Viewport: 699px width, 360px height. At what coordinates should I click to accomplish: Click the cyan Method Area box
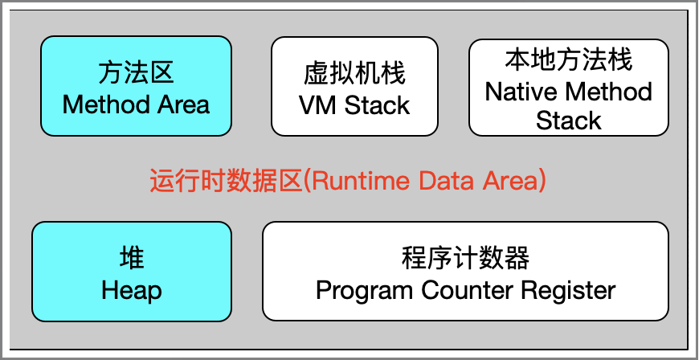[136, 86]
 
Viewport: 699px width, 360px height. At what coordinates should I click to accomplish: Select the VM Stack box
[354, 86]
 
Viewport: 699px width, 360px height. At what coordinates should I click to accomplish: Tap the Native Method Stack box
[568, 88]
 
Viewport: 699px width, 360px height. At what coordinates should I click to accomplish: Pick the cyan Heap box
[132, 272]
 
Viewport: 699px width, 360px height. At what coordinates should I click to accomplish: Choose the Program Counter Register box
[465, 272]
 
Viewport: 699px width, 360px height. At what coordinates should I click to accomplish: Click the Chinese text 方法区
[136, 73]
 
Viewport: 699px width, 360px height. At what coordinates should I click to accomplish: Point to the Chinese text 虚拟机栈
[354, 74]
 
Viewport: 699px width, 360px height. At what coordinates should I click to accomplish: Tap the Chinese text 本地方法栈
[568, 60]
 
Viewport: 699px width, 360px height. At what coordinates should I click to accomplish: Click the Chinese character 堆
[132, 259]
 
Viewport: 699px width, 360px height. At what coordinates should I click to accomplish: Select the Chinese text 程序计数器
[465, 259]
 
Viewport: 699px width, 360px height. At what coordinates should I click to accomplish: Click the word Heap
[132, 291]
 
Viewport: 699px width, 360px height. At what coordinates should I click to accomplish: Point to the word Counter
[468, 290]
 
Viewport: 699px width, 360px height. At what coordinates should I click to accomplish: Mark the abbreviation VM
[319, 105]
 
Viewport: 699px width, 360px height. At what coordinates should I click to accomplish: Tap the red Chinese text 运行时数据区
[226, 181]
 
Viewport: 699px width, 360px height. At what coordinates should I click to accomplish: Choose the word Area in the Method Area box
[183, 105]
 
